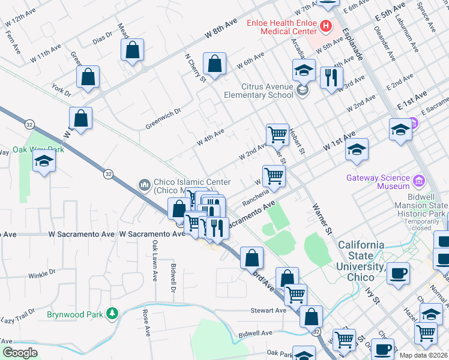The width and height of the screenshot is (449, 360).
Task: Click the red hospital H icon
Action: coord(325,26)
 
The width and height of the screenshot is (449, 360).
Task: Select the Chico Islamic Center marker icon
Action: coord(143,184)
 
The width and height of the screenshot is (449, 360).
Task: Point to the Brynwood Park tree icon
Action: coord(110,313)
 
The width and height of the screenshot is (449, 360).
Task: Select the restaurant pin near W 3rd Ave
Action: coord(331,77)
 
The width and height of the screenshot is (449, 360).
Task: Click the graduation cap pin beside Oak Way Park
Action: coord(43,163)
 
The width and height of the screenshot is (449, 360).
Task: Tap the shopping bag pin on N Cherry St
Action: coord(214,64)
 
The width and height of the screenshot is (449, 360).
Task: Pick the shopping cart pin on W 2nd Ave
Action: coord(277,134)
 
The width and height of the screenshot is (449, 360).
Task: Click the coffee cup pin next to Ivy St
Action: coord(398,274)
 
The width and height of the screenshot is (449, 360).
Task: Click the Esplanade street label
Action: coord(353,47)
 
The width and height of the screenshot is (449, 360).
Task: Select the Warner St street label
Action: coord(321,217)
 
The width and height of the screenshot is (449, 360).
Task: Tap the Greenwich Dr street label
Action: coord(163,119)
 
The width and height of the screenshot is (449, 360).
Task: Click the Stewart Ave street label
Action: coord(268,311)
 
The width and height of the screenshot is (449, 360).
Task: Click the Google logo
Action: coord(20,353)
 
